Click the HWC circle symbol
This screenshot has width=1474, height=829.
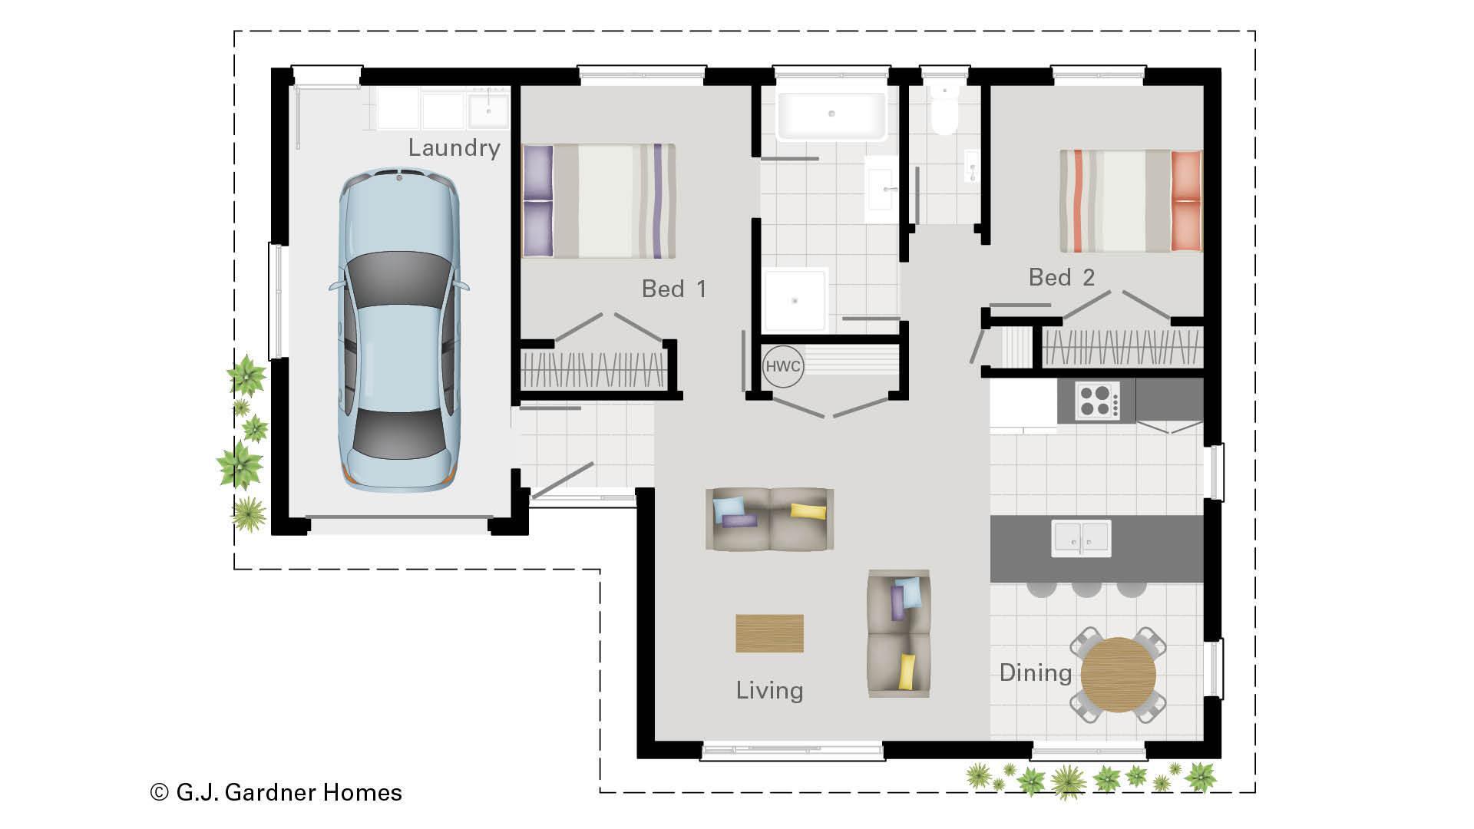782,366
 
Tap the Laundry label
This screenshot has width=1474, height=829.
454,148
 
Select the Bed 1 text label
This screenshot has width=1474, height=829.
673,289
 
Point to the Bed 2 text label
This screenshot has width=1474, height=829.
1061,277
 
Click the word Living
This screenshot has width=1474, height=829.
769,690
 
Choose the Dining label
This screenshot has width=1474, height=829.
1035,673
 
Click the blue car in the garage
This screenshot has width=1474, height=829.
399,330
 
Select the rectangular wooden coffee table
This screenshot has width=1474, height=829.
769,633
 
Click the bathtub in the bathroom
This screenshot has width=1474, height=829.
831,116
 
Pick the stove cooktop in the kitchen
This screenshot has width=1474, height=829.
1096,400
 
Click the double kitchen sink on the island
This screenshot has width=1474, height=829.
1081,538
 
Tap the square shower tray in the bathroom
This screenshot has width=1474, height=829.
795,300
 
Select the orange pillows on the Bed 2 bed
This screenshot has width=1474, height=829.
1186,200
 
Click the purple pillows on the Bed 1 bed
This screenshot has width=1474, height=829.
537,201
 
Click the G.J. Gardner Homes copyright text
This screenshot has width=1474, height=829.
276,792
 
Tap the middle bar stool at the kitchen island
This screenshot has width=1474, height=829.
1086,589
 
